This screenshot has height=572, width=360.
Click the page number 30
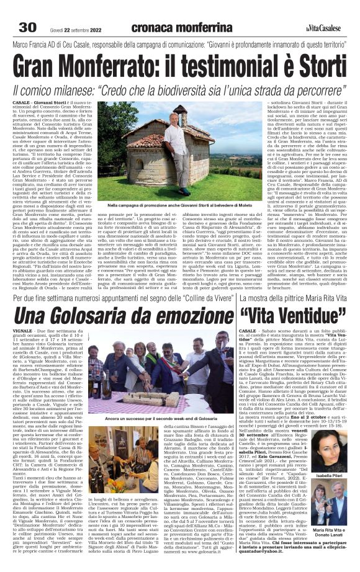29,27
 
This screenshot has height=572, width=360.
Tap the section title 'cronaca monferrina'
181,27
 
